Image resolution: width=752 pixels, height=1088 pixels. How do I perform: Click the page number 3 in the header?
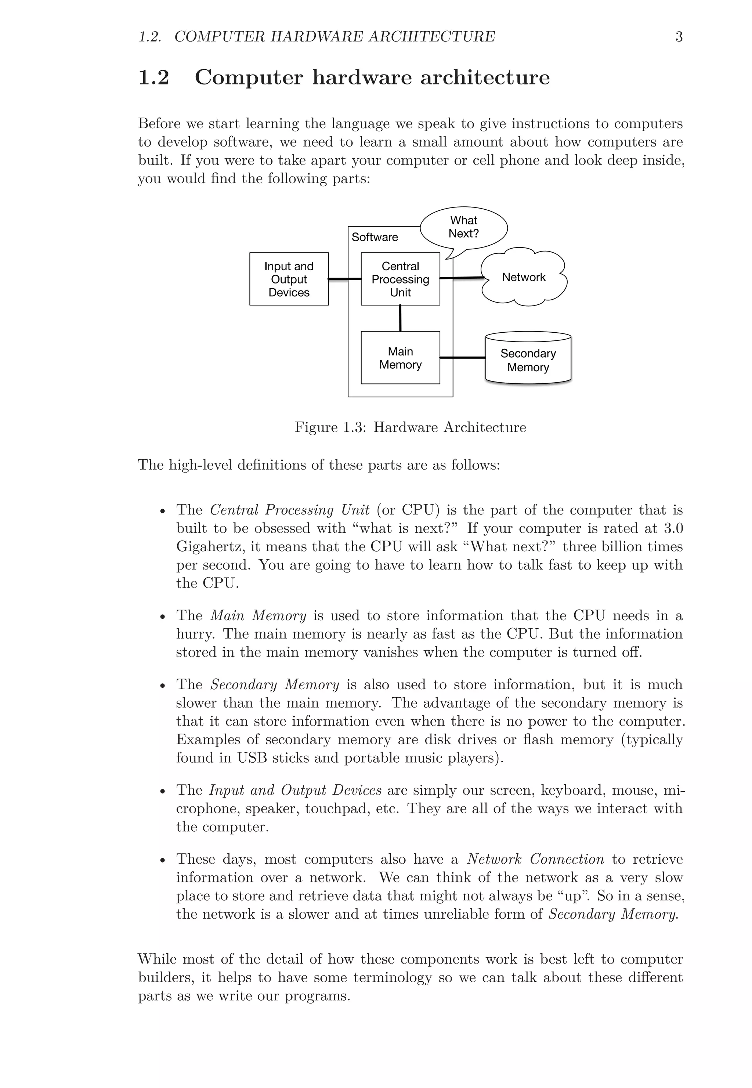[x=679, y=37]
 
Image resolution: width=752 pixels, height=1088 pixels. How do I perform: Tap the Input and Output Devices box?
[x=289, y=279]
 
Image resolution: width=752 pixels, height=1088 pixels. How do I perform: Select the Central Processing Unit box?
[x=400, y=279]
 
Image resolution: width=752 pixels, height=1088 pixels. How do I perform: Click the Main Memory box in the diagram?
[x=400, y=358]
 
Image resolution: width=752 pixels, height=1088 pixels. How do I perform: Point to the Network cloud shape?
[x=524, y=277]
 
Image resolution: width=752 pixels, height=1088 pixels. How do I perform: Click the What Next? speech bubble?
[x=464, y=227]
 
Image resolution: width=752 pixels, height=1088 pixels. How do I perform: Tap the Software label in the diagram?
[x=375, y=237]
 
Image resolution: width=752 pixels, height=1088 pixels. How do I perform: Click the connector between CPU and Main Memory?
[x=400, y=318]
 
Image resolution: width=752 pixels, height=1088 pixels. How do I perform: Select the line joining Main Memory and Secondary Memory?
[x=462, y=358]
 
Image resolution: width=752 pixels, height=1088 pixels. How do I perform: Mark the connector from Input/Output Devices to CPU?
[x=344, y=279]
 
